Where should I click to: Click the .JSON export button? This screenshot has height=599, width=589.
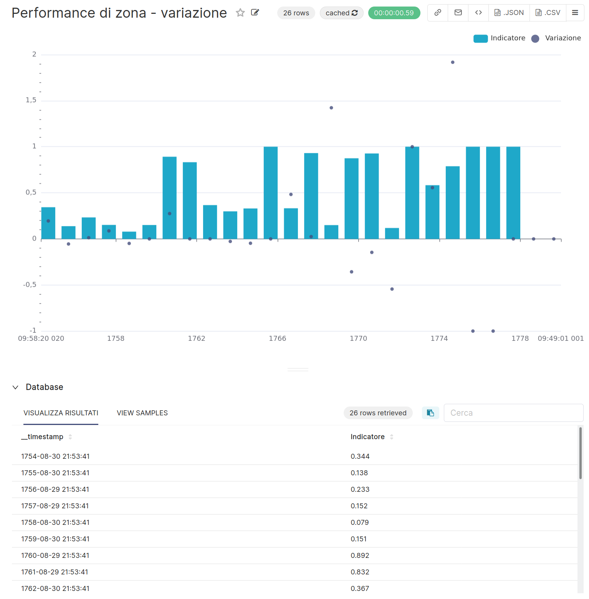pos(509,13)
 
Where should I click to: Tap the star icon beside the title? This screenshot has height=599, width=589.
pos(240,13)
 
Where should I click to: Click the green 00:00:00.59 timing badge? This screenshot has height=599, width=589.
pos(394,13)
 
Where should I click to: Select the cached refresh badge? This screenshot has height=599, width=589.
pos(341,13)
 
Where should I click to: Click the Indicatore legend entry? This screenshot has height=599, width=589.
pos(499,38)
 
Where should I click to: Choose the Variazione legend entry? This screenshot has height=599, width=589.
pos(556,38)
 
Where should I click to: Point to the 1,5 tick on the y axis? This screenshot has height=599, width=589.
pos(31,100)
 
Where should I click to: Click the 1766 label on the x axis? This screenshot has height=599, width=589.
pos(277,338)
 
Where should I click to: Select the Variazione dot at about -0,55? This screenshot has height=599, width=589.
pos(392,289)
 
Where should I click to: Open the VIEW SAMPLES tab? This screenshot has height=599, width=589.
pos(142,413)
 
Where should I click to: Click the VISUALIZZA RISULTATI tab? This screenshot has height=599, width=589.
pos(61,413)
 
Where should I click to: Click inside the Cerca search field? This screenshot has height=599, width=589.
pos(513,413)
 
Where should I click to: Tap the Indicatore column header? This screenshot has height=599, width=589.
pos(367,437)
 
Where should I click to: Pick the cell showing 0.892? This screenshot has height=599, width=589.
pos(360,556)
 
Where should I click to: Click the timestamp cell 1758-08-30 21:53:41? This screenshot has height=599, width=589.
pos(55,523)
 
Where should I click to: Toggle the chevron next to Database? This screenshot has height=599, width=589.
pos(15,387)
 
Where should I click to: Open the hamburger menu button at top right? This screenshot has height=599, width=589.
pos(575,13)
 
